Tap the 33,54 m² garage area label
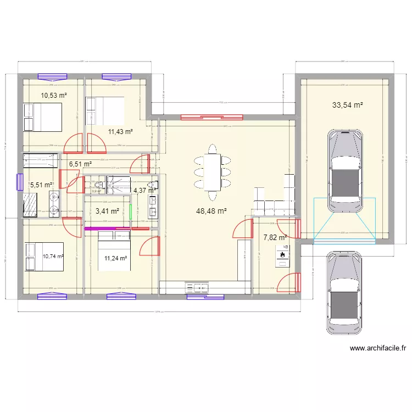[347, 105]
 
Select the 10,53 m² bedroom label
[54, 96]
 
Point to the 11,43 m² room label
[120, 131]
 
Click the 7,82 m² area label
[275, 238]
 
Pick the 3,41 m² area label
[107, 210]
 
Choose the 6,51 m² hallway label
[80, 164]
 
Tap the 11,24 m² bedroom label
[116, 258]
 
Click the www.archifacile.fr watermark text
[378, 348]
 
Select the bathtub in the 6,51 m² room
[40, 160]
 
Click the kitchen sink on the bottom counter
[198, 287]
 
